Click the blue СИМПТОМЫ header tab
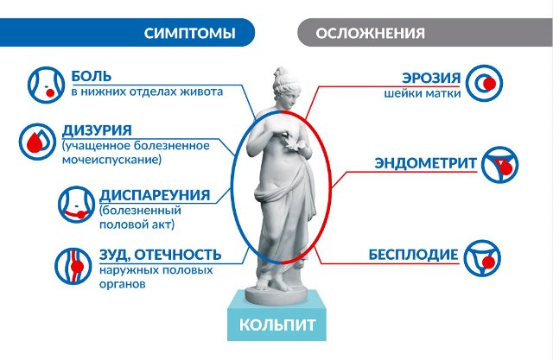[189, 35]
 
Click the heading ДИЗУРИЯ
[97, 130]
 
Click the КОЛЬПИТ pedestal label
[277, 327]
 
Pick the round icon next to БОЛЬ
[41, 84]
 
